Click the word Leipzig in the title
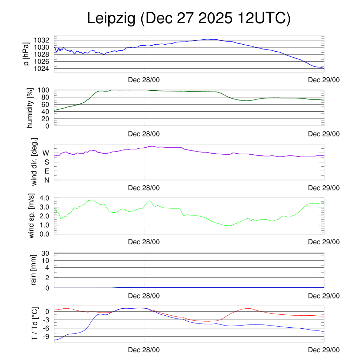coord(111,19)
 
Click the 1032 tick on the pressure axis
coord(44,40)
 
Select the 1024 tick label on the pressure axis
coord(44,68)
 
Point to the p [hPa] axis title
coord(26,54)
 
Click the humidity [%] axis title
coord(30,108)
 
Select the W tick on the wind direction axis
coord(46,153)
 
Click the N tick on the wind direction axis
coord(46,180)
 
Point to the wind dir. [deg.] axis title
coord(34,162)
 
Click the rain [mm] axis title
coord(34,270)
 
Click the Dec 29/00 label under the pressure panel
coord(324,80)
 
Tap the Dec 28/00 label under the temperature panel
coord(144,350)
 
